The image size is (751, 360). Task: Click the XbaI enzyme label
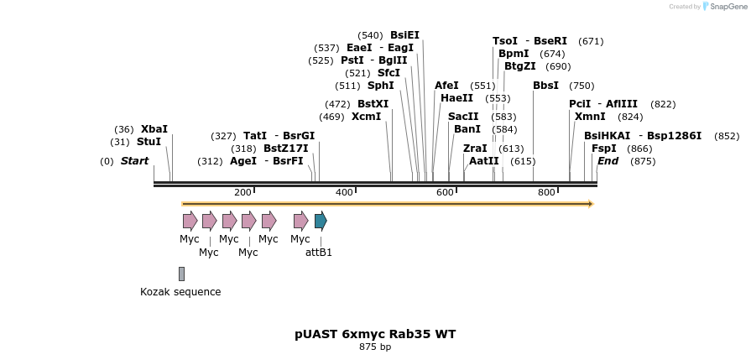154,129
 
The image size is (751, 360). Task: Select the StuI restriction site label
149,142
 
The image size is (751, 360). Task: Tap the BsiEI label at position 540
404,35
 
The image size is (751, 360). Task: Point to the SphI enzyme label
381,86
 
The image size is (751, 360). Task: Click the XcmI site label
366,117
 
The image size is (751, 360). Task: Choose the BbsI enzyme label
545,86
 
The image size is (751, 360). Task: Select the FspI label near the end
604,149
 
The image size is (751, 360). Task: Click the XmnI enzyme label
590,117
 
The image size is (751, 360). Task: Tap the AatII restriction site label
484,161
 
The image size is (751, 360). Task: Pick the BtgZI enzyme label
520,66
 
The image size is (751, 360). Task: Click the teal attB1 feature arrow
321,222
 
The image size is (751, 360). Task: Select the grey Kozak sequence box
181,274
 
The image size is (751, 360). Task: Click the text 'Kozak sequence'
180,292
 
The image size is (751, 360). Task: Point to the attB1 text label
319,252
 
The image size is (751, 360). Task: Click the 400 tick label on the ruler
343,193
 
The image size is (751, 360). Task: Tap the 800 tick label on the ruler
546,193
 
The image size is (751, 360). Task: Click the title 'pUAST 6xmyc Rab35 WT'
375,334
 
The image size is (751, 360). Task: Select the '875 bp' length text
375,347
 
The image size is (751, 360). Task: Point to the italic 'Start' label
134,161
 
